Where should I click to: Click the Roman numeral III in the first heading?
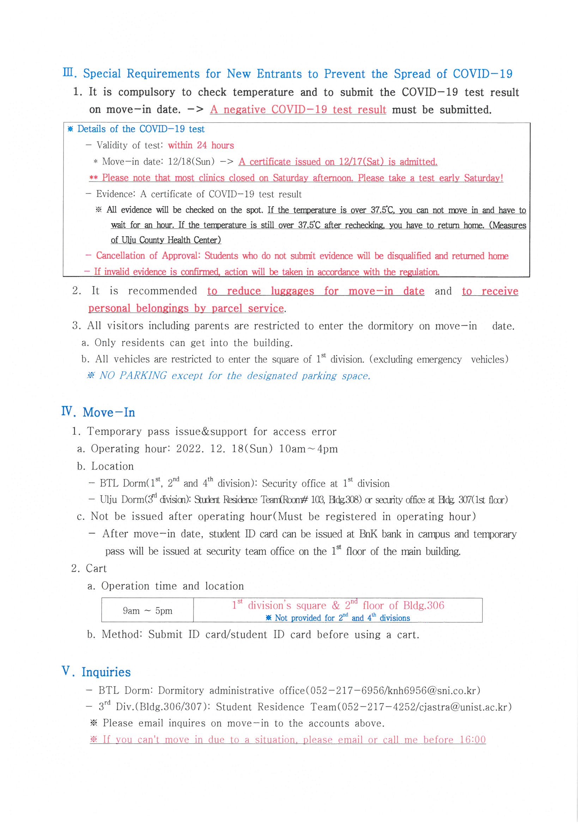click(x=69, y=73)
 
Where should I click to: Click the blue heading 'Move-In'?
click(x=109, y=412)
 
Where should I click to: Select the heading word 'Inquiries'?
click(x=106, y=672)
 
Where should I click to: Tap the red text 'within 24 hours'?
click(x=201, y=145)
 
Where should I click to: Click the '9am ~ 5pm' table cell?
click(x=147, y=611)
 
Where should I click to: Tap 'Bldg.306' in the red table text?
click(x=424, y=606)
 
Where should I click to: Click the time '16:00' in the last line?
click(x=472, y=740)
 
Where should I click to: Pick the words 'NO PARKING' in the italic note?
click(x=133, y=376)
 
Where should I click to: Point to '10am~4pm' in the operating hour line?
click(x=308, y=449)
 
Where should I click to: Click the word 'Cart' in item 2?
click(x=96, y=568)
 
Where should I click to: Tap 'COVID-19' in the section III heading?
click(x=482, y=74)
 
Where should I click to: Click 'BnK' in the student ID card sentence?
click(x=368, y=534)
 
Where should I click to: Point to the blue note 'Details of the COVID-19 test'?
click(x=140, y=129)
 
